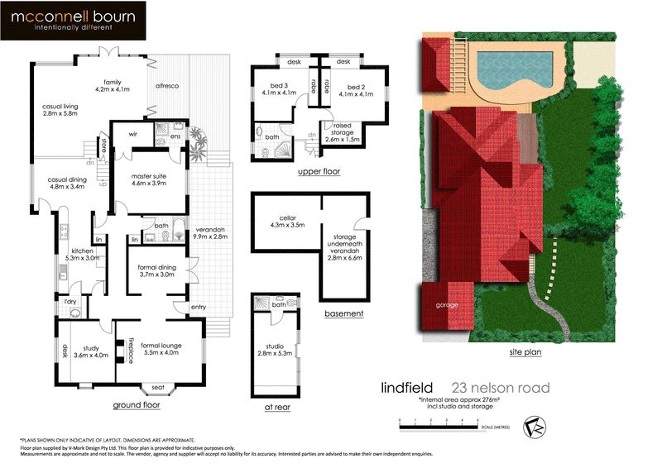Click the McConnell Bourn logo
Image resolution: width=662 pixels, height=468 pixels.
click(x=73, y=21)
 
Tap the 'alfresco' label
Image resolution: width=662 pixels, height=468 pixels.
click(x=167, y=86)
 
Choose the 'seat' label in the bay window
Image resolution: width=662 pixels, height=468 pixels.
click(x=156, y=389)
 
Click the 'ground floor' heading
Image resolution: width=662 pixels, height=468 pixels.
click(x=137, y=406)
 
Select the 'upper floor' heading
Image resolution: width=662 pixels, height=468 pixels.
click(x=319, y=172)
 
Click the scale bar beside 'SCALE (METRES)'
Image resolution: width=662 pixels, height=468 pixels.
click(x=439, y=423)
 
